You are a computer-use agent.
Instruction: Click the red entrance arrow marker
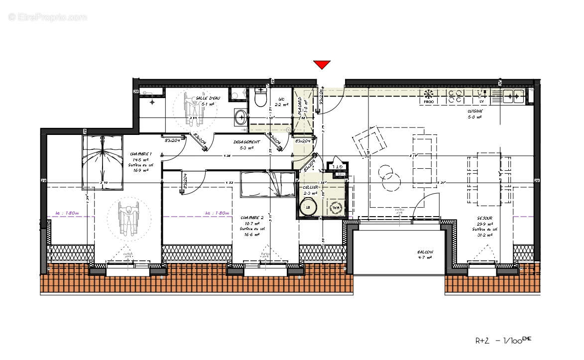click(x=322, y=64)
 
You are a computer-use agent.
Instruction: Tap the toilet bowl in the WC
click(x=260, y=99)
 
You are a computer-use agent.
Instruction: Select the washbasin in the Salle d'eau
click(x=241, y=118)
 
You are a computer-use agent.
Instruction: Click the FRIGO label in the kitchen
click(x=429, y=102)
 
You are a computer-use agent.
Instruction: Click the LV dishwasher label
click(x=481, y=102)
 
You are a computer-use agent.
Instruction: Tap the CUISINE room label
click(x=474, y=112)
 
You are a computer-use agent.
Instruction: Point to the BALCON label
click(x=425, y=252)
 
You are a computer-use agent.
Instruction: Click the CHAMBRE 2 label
click(x=251, y=218)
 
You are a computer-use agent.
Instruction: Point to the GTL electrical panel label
click(x=338, y=167)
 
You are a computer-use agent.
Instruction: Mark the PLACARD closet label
click(x=300, y=107)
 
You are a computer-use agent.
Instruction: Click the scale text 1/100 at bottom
click(x=514, y=341)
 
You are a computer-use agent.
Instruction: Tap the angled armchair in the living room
click(x=369, y=141)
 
